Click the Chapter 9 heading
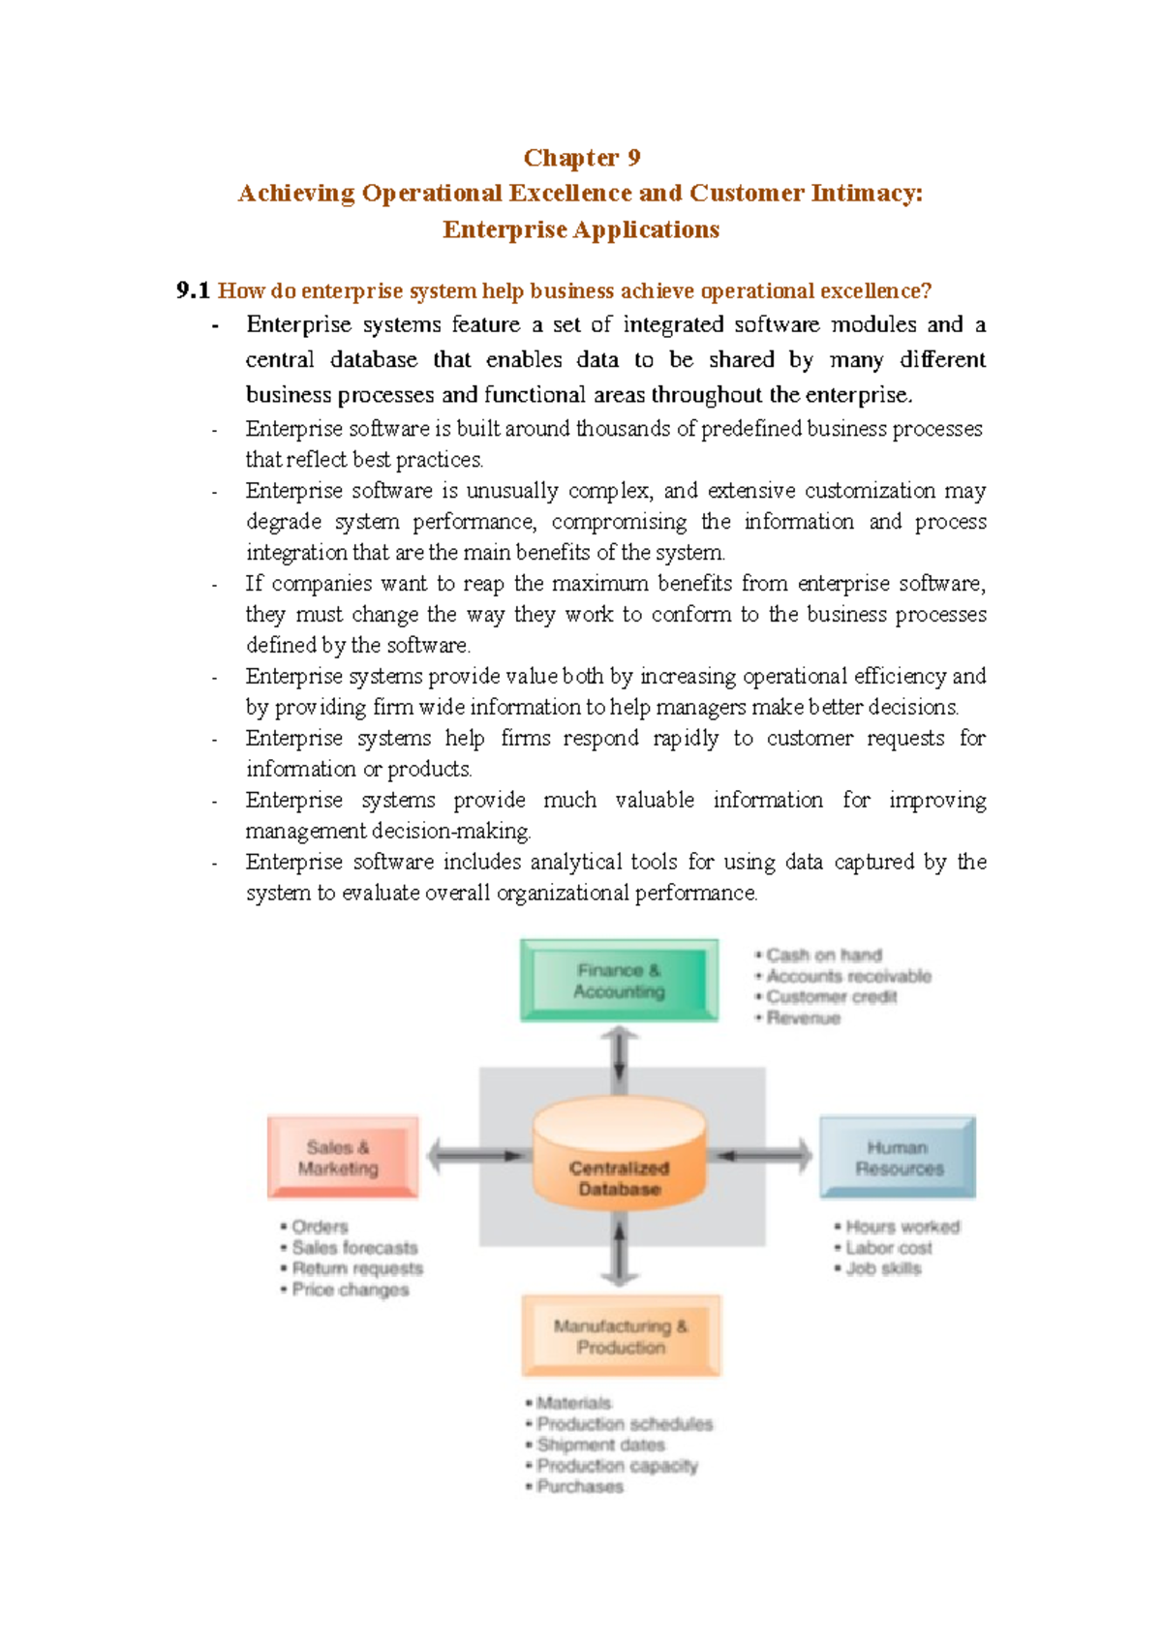pos(581,158)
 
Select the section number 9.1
pos(193,290)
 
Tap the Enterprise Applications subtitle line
pos(581,229)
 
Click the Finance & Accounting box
pos(619,980)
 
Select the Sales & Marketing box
pos(342,1157)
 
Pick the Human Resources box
pos(898,1157)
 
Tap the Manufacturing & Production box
pos(621,1335)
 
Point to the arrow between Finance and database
pos(619,1059)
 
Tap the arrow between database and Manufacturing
pos(619,1250)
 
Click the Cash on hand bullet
pos(824,956)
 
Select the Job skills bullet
pos(883,1268)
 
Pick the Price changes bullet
pos(350,1290)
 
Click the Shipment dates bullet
pos(600,1445)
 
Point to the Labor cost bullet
pos(888,1248)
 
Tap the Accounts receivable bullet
pos(848,976)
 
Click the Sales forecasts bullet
pos(354,1248)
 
